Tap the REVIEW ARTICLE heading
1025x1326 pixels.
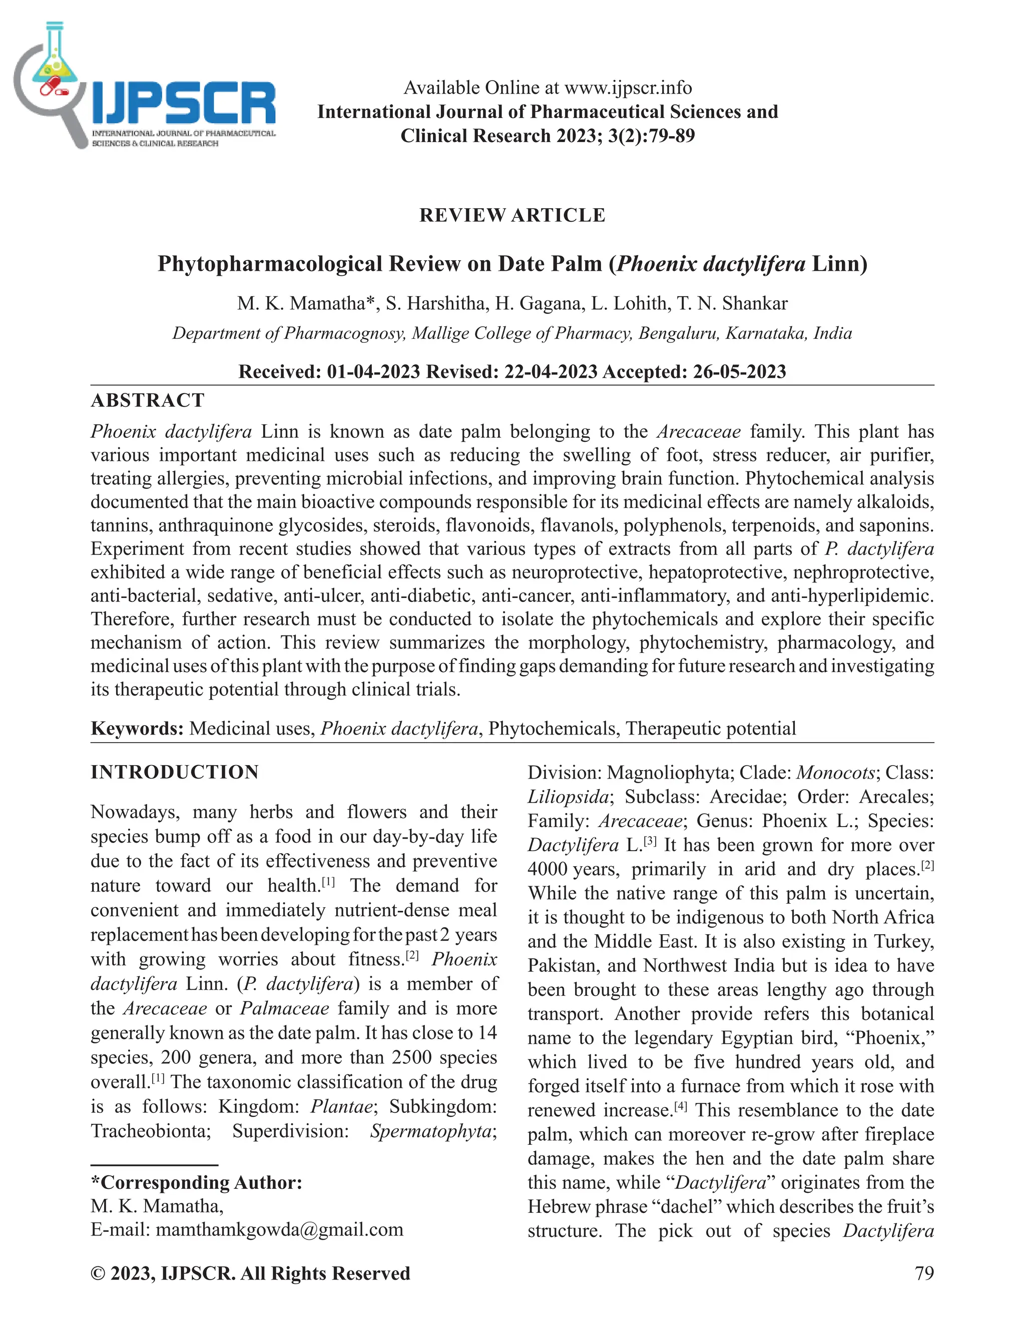pos(512,216)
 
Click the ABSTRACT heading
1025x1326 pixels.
pos(148,401)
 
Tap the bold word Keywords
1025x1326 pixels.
pos(137,728)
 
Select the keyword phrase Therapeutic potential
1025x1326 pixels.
pos(711,728)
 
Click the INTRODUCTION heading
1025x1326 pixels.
pos(175,772)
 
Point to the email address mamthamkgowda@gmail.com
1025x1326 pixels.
pos(279,1230)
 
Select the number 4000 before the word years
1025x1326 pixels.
pos(549,870)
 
